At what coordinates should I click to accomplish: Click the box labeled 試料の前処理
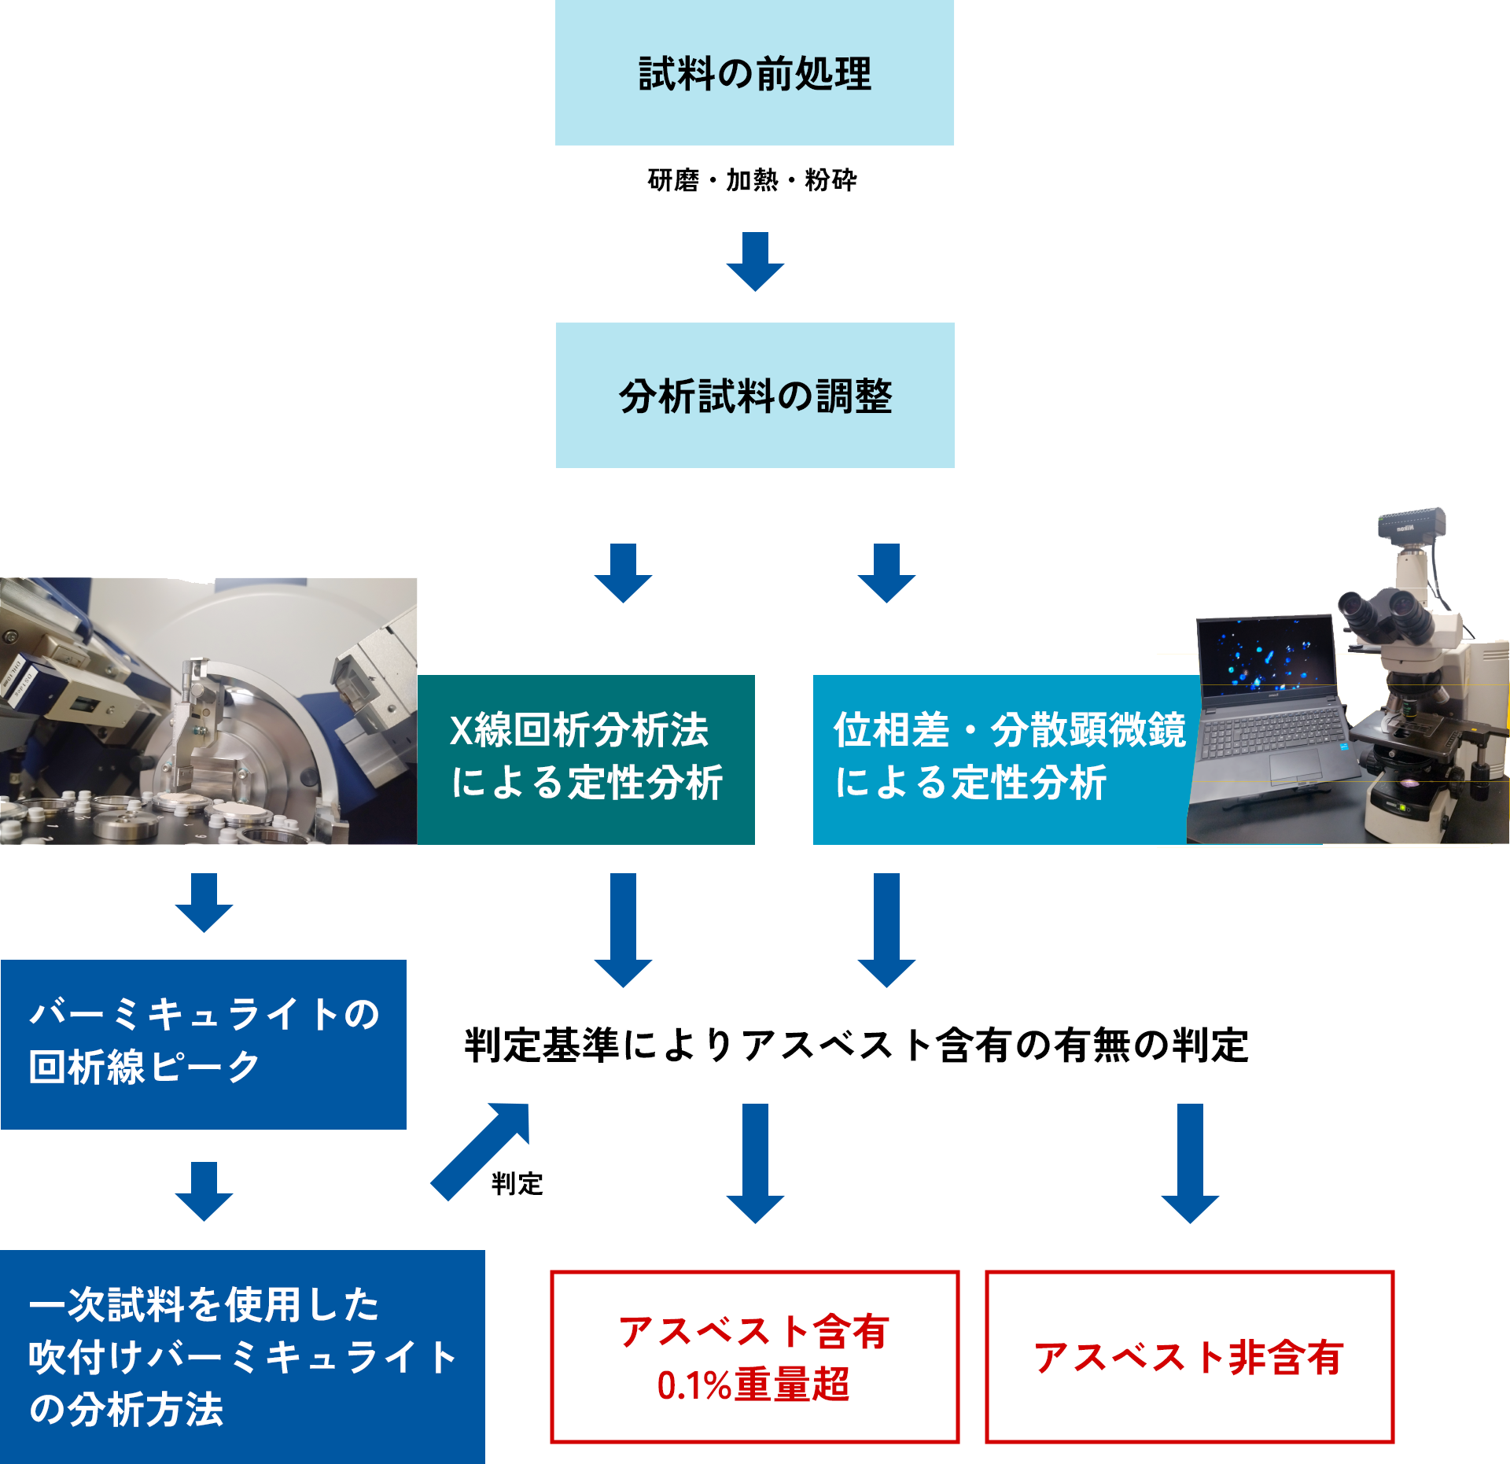[754, 72]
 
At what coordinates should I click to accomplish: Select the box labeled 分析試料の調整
[755, 395]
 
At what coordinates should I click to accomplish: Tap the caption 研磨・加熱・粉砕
[752, 180]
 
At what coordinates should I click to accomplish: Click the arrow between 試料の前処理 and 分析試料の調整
[755, 261]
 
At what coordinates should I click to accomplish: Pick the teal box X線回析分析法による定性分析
[586, 759]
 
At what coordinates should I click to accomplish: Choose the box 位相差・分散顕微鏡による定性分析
[999, 759]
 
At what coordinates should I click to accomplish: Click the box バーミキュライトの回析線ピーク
[204, 1044]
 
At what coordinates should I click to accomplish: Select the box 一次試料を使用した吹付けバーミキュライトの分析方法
[242, 1356]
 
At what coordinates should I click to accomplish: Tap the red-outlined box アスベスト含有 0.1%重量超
[754, 1357]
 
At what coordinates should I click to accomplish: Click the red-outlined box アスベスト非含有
[1189, 1357]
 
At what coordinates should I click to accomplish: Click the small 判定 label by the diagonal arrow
[517, 1183]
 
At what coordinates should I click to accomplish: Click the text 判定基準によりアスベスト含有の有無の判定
[856, 1045]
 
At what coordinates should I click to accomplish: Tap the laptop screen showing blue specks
[1266, 653]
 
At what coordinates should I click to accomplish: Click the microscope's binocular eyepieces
[1388, 614]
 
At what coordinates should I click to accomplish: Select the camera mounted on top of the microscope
[1412, 523]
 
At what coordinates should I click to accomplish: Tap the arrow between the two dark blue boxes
[204, 1190]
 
